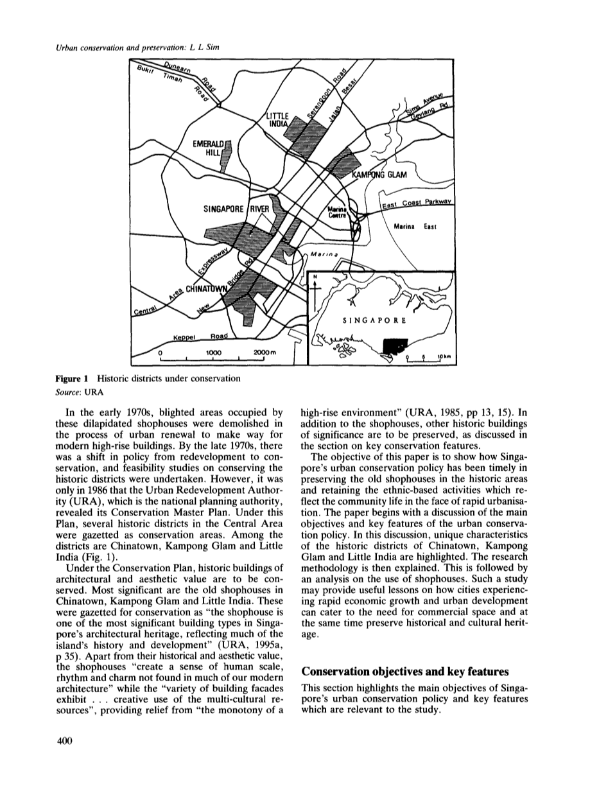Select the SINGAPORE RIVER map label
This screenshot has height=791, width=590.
point(238,209)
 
